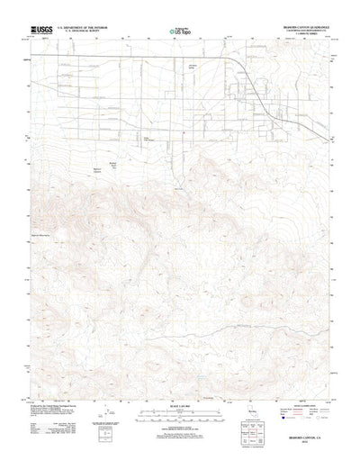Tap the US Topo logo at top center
(x=180, y=32)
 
